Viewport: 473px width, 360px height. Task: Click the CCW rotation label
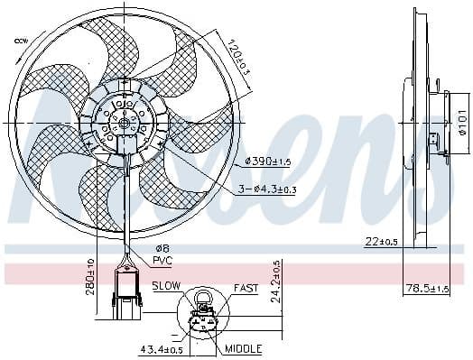coord(20,40)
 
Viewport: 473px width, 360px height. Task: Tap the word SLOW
coord(166,286)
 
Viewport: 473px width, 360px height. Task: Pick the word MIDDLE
coord(243,348)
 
